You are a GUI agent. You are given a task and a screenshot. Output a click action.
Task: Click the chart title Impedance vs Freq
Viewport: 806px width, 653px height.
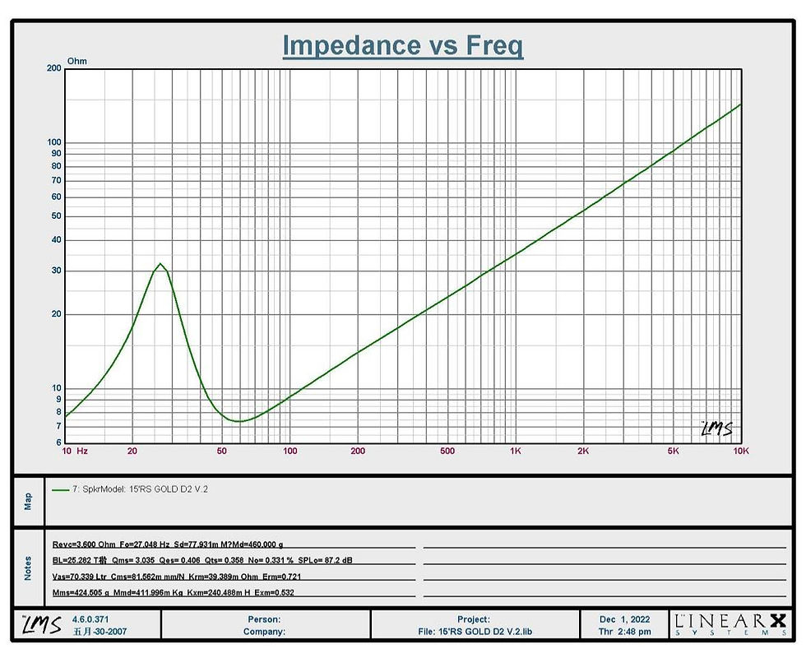coord(403,45)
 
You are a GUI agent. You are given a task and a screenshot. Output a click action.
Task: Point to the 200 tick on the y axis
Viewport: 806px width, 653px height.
coord(53,68)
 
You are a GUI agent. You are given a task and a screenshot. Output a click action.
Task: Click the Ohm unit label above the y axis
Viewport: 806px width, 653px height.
coord(77,61)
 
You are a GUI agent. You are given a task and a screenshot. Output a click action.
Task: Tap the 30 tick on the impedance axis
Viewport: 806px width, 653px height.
coord(56,271)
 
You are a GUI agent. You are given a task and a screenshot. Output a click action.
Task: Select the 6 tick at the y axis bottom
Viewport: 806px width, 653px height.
coord(58,442)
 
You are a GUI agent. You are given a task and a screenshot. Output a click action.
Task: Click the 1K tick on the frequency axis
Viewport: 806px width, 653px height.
coord(516,451)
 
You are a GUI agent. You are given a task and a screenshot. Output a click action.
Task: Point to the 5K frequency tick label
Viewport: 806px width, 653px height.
coord(673,451)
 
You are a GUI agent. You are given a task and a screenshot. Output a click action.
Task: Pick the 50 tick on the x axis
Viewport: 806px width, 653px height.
coord(221,451)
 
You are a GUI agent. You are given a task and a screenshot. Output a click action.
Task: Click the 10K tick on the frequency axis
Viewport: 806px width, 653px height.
coord(741,451)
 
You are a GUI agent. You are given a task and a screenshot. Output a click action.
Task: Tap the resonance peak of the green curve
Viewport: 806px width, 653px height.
coord(160,264)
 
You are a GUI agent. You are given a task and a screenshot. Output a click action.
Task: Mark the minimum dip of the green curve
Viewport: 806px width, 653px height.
coord(239,421)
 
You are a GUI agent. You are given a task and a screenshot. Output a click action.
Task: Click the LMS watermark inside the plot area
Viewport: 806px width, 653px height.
coord(717,428)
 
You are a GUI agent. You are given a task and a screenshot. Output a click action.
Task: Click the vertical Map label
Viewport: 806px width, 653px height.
coord(28,502)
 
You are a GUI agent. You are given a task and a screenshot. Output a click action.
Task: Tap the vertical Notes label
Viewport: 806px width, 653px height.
coord(28,568)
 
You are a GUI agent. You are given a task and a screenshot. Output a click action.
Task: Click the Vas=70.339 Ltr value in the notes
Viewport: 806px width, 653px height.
coord(80,577)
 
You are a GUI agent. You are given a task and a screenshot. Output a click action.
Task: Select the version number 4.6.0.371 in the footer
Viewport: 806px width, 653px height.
coord(90,619)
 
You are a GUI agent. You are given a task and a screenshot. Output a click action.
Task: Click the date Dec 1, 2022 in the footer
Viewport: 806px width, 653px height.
coord(624,619)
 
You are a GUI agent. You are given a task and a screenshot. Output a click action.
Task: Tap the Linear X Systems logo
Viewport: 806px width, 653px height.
coord(730,625)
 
